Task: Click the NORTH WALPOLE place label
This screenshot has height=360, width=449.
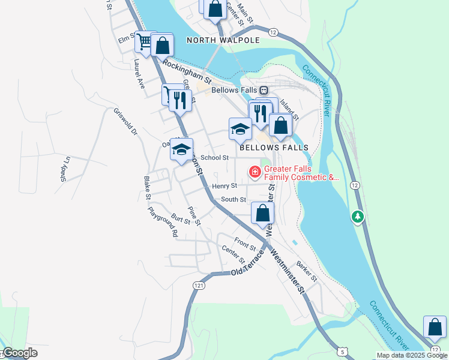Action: pos(223,40)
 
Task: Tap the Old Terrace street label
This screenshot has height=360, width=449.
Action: pos(247,268)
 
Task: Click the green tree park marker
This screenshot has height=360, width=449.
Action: pos(358,216)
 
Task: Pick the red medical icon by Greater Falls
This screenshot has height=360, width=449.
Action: pos(255,173)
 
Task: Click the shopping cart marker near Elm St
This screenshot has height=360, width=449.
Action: pos(144,41)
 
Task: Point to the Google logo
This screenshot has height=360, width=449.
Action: pos(20,353)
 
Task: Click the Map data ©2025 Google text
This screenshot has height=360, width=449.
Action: pos(412,355)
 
